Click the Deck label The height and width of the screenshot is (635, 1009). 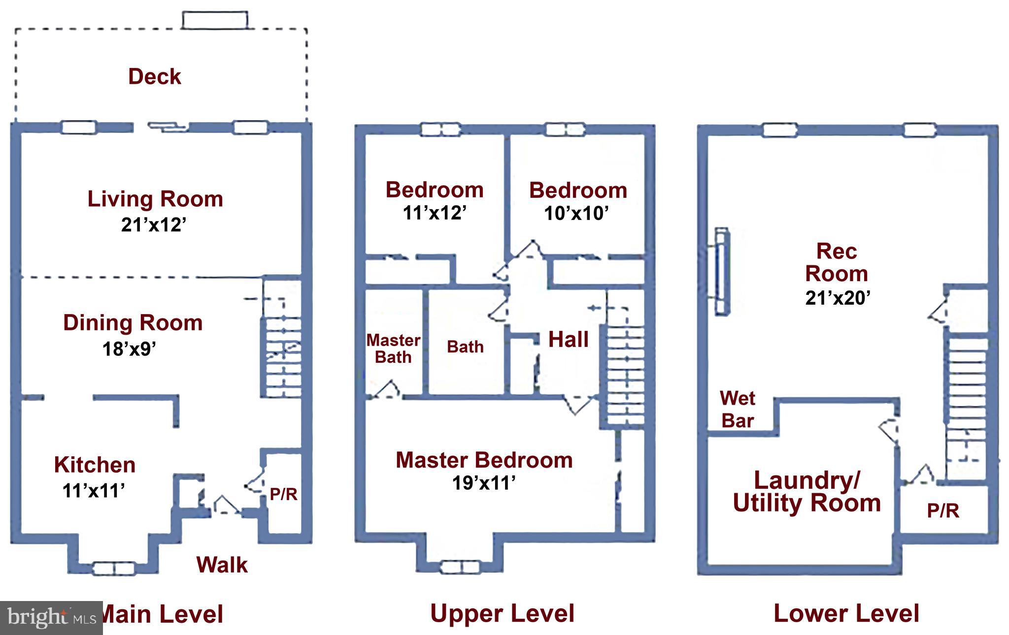[x=155, y=77]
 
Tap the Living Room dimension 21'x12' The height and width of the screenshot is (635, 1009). [x=154, y=225]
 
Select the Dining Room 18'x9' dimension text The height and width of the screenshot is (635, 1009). [x=129, y=349]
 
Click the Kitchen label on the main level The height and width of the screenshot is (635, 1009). [x=95, y=465]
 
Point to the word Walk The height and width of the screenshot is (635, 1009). [x=222, y=565]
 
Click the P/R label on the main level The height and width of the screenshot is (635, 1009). [x=283, y=494]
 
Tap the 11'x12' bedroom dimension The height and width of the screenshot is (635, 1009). [x=435, y=213]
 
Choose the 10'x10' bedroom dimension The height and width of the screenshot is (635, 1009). [x=576, y=214]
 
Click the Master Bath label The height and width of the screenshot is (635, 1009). [x=393, y=349]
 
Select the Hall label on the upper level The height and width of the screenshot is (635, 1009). [x=569, y=340]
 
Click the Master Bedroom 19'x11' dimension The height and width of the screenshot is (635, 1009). [x=484, y=483]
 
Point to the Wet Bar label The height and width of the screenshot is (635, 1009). [x=738, y=410]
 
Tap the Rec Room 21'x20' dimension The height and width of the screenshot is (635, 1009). [x=838, y=298]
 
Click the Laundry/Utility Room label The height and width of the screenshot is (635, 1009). [x=807, y=491]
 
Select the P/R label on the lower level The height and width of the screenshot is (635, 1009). [x=943, y=511]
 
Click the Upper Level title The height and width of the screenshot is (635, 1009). [x=502, y=614]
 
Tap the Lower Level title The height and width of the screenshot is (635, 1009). [x=846, y=614]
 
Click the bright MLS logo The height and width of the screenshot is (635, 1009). [x=51, y=617]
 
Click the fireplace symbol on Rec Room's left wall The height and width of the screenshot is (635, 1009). [x=722, y=271]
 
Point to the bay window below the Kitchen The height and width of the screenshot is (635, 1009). [x=114, y=569]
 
